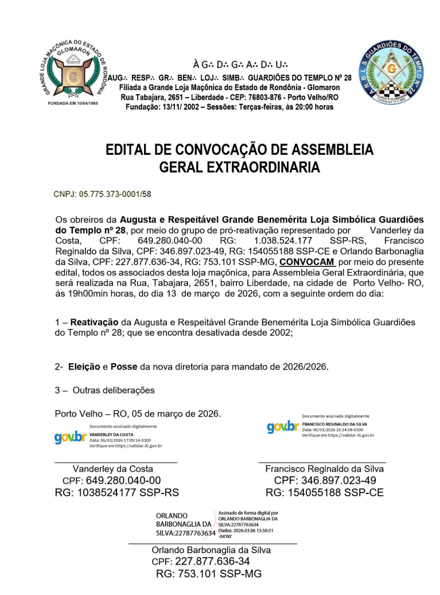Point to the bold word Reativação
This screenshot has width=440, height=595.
[x=94, y=322]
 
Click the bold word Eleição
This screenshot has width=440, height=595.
[x=85, y=367]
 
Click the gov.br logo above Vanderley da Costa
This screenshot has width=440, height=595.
[x=69, y=437]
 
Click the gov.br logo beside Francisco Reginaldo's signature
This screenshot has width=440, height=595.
[x=283, y=426]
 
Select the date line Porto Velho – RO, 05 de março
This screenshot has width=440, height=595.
[x=138, y=414]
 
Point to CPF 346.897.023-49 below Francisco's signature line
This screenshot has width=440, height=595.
[x=325, y=481]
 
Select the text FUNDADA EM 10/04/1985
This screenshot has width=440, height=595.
[x=72, y=103]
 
